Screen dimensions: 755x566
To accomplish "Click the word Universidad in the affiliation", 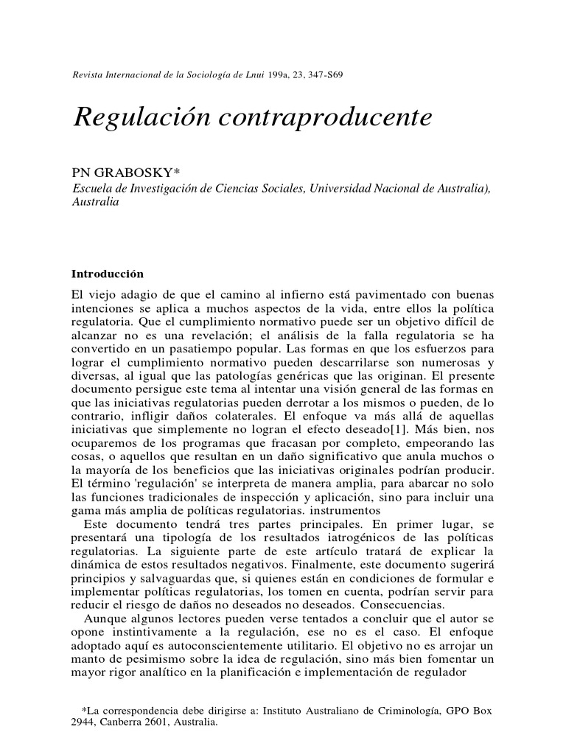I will point(352,189).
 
